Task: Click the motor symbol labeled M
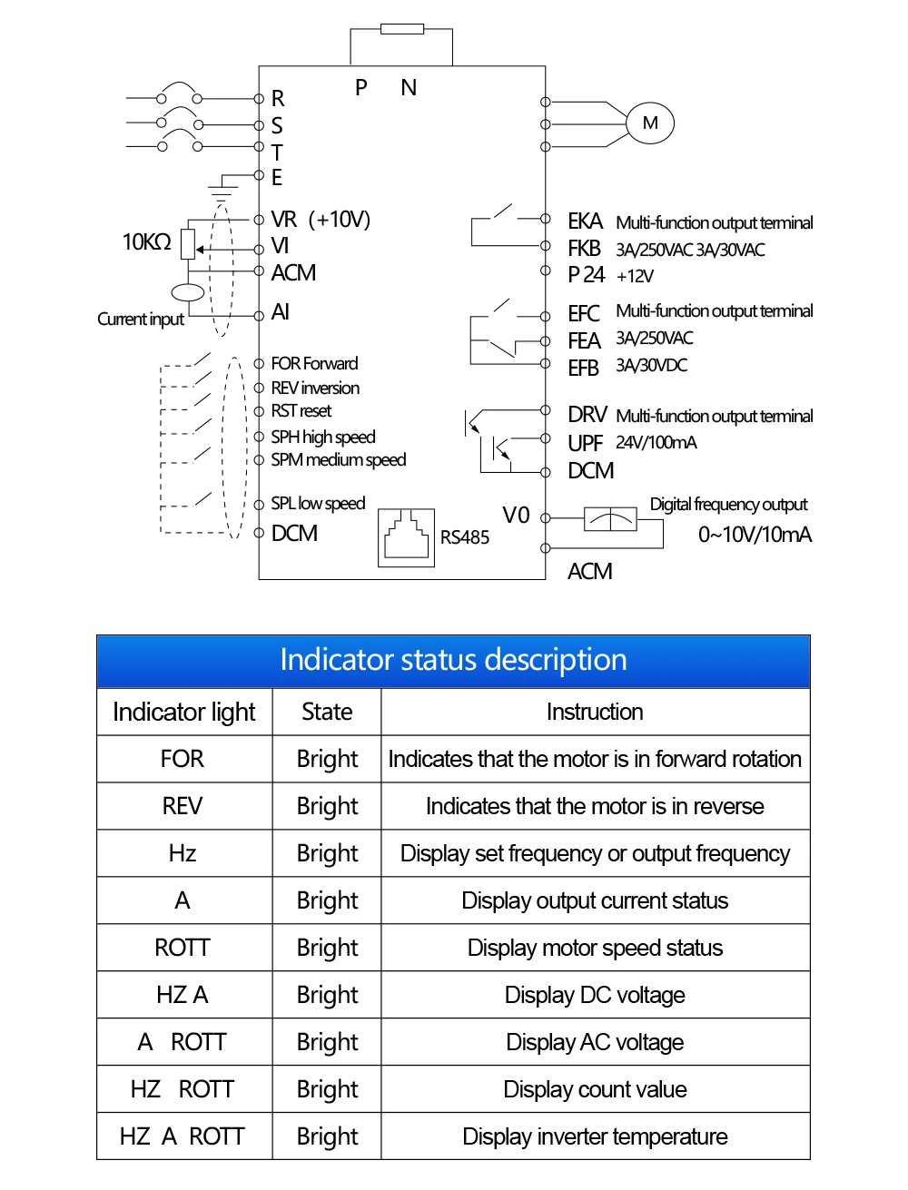click(649, 123)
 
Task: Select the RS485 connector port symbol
click(406, 537)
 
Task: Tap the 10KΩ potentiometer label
click(146, 241)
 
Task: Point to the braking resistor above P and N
click(401, 29)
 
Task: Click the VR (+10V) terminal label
click(321, 220)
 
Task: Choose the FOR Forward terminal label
click(314, 363)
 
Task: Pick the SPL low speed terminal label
click(318, 504)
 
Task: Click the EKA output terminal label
click(585, 221)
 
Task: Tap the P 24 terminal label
click(586, 275)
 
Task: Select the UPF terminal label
click(585, 444)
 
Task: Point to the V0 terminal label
click(516, 515)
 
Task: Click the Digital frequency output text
click(728, 505)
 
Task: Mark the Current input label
click(141, 320)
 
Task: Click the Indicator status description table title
click(453, 660)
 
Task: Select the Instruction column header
click(595, 712)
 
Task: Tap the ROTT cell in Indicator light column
click(183, 948)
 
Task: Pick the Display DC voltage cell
click(595, 995)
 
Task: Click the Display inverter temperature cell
click(595, 1136)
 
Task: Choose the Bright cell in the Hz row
click(327, 854)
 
